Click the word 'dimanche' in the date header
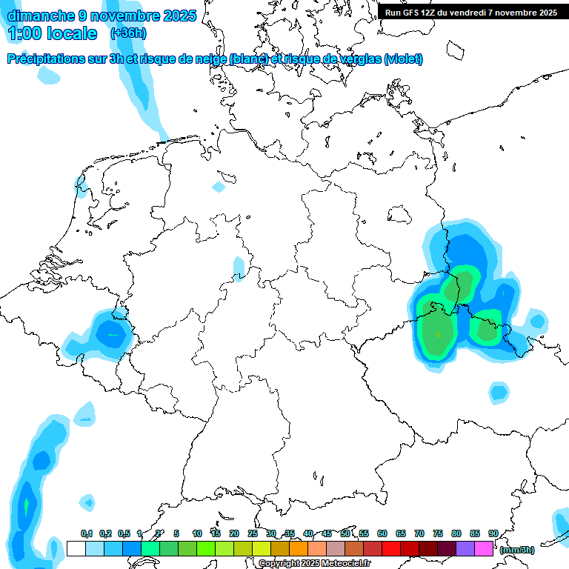point(41,16)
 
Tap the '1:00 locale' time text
point(53,34)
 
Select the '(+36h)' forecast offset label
point(128,33)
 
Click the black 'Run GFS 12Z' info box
point(471,12)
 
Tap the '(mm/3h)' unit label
point(516,550)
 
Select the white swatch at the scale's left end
point(76,548)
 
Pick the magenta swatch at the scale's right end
point(484,548)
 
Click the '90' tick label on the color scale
point(493,533)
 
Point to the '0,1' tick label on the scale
point(86,533)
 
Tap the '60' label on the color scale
point(382,533)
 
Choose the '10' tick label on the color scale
point(196,533)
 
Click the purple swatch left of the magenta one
point(465,548)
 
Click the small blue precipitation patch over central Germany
point(239,267)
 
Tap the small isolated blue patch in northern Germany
point(219,187)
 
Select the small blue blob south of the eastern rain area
point(499,390)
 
